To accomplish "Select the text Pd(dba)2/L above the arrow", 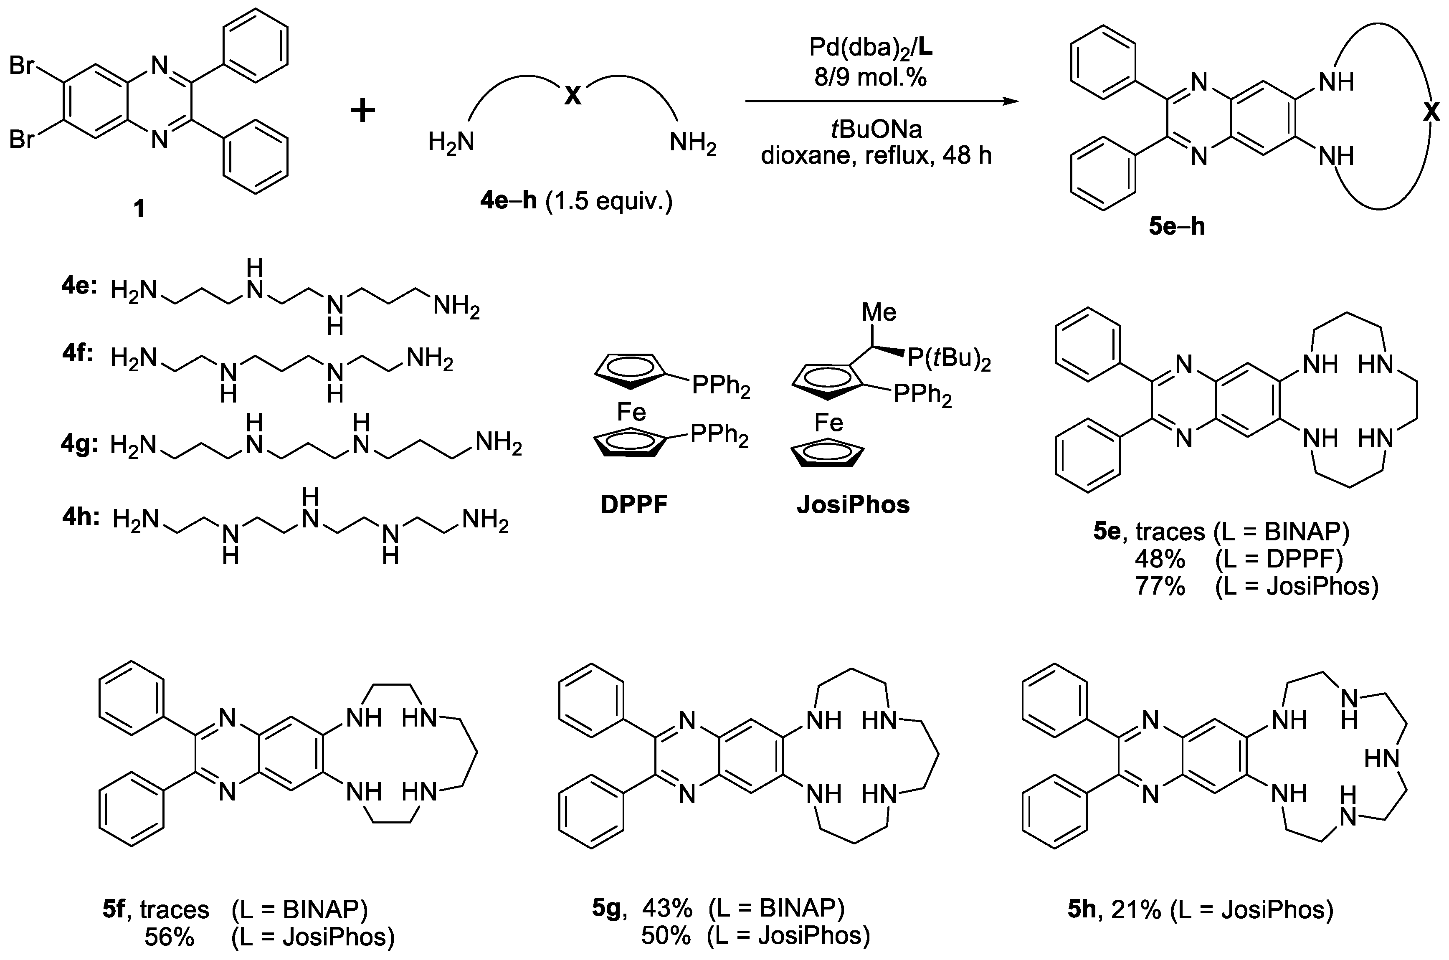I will (x=870, y=48).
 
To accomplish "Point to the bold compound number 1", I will (x=139, y=209).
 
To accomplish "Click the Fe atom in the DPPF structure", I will (x=631, y=412).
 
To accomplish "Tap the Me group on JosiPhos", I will (x=879, y=312).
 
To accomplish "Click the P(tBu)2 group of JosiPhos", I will (x=949, y=359).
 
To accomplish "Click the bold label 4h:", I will (x=80, y=517).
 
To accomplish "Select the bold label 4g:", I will (x=79, y=444).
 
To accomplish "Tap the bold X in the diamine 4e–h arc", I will (x=573, y=96).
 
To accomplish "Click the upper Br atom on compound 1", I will (x=22, y=66).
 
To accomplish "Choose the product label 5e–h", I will (x=1177, y=226).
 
